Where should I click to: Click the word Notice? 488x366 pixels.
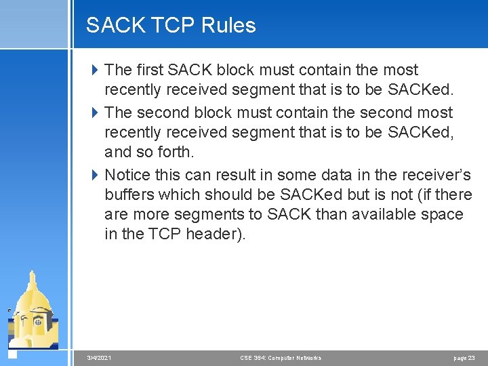pyautogui.click(x=127, y=174)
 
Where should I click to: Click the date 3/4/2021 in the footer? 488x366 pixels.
pyautogui.click(x=100, y=357)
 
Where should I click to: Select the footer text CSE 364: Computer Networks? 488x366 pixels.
pyautogui.click(x=281, y=357)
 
